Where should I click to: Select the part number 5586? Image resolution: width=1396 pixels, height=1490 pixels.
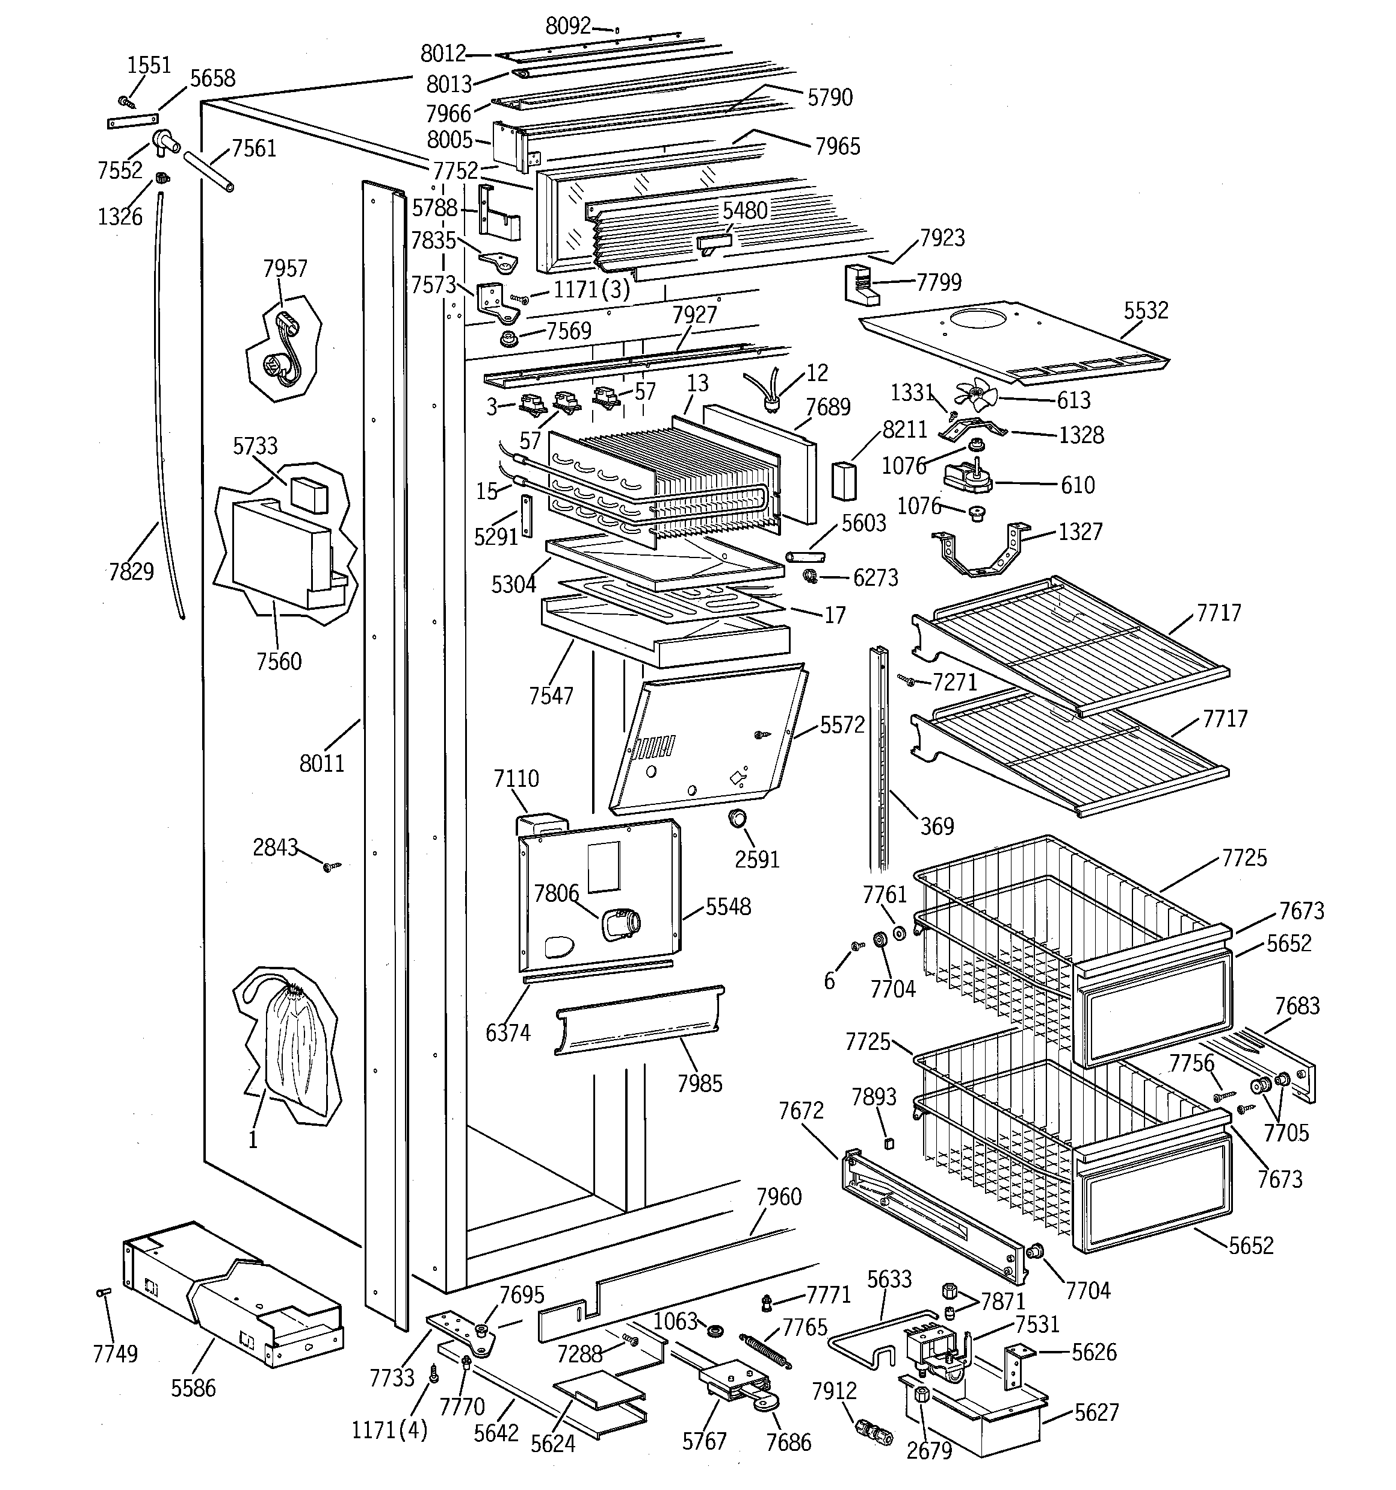[x=193, y=1388]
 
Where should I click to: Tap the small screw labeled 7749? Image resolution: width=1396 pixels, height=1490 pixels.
[x=103, y=1292]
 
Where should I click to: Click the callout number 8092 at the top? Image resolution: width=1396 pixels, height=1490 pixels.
[x=568, y=26]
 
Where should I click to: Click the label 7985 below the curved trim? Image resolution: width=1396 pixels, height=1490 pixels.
[x=699, y=1084]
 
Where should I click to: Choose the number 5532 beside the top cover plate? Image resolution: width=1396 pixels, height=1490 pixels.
[x=1146, y=310]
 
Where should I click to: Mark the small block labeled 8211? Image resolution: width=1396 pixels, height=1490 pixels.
[x=844, y=480]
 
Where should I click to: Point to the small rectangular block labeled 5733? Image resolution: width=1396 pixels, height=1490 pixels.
[x=309, y=495]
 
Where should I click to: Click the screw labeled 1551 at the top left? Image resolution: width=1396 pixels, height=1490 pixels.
[x=125, y=101]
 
